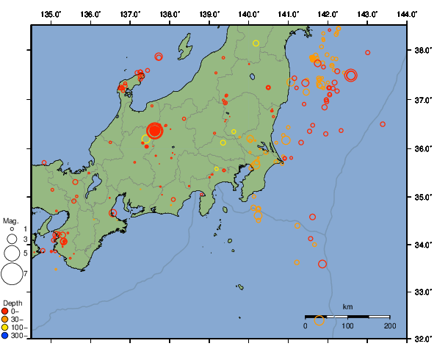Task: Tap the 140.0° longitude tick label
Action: [x=248, y=14]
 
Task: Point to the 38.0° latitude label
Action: [x=422, y=51]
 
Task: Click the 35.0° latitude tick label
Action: [x=422, y=197]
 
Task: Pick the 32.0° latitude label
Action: [x=422, y=339]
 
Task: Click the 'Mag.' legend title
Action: [x=10, y=220]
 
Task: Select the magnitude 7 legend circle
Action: [x=11, y=274]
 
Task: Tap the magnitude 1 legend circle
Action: [x=12, y=230]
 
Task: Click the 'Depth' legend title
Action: [x=12, y=303]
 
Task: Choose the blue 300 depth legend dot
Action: [x=5, y=336]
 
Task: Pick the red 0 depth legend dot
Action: [x=5, y=312]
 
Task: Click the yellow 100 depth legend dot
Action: [x=5, y=328]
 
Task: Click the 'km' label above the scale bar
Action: [x=347, y=306]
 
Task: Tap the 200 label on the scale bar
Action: [x=389, y=325]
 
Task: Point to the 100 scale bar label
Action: [x=347, y=325]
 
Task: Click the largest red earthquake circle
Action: [x=155, y=131]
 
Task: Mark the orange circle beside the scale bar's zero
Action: [x=319, y=320]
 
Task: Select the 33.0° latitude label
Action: [x=422, y=292]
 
